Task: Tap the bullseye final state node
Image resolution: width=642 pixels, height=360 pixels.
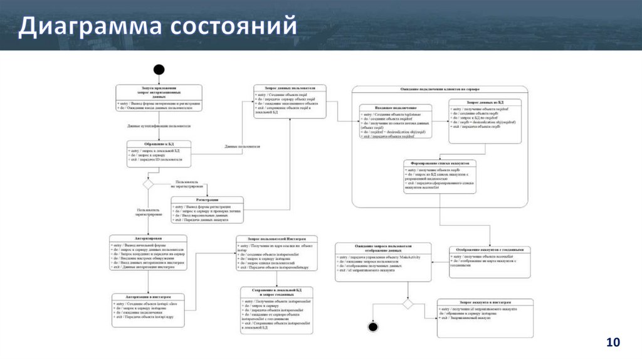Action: [374, 326]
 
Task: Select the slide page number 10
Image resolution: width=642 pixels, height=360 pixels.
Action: [613, 342]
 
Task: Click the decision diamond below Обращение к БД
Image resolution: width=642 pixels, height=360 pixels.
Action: [148, 184]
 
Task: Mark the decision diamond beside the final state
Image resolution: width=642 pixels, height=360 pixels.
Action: [408, 304]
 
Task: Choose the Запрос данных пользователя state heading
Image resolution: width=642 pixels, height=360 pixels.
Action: [290, 88]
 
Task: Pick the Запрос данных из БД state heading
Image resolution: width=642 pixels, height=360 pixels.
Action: [485, 102]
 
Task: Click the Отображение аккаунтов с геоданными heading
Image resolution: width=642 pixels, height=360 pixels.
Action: [486, 250]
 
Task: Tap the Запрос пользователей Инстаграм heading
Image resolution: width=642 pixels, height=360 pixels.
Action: [276, 240]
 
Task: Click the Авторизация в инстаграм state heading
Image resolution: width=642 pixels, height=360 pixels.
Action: [149, 297]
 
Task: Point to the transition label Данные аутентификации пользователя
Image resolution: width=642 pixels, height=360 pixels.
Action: [159, 126]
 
